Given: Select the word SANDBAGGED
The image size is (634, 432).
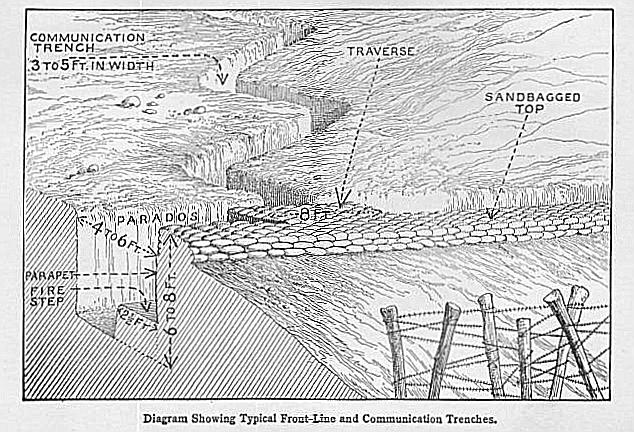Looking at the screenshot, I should [x=532, y=97].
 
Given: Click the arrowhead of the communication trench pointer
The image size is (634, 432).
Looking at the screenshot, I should [x=223, y=77].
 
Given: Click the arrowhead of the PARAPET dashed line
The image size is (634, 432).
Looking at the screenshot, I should [x=153, y=273].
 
